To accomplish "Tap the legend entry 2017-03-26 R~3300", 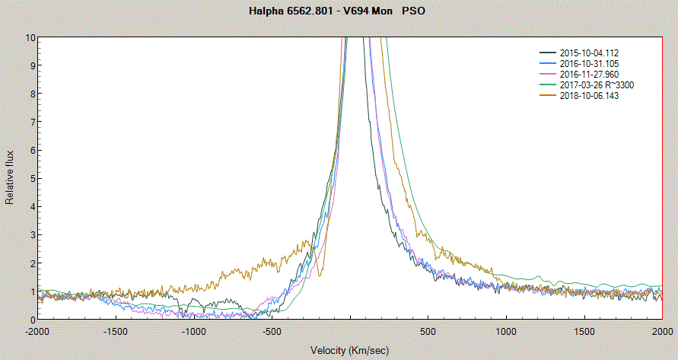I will tap(597, 86).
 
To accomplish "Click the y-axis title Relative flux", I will tap(11, 178).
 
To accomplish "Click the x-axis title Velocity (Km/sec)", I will tap(349, 350).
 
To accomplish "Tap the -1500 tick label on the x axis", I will tap(116, 332).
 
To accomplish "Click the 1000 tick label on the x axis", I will tap(507, 332).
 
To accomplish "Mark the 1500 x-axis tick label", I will tap(584, 332).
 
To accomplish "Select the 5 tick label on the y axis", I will tap(33, 178).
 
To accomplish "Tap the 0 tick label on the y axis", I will tap(33, 320).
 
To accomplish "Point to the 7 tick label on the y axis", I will tap(33, 122).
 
